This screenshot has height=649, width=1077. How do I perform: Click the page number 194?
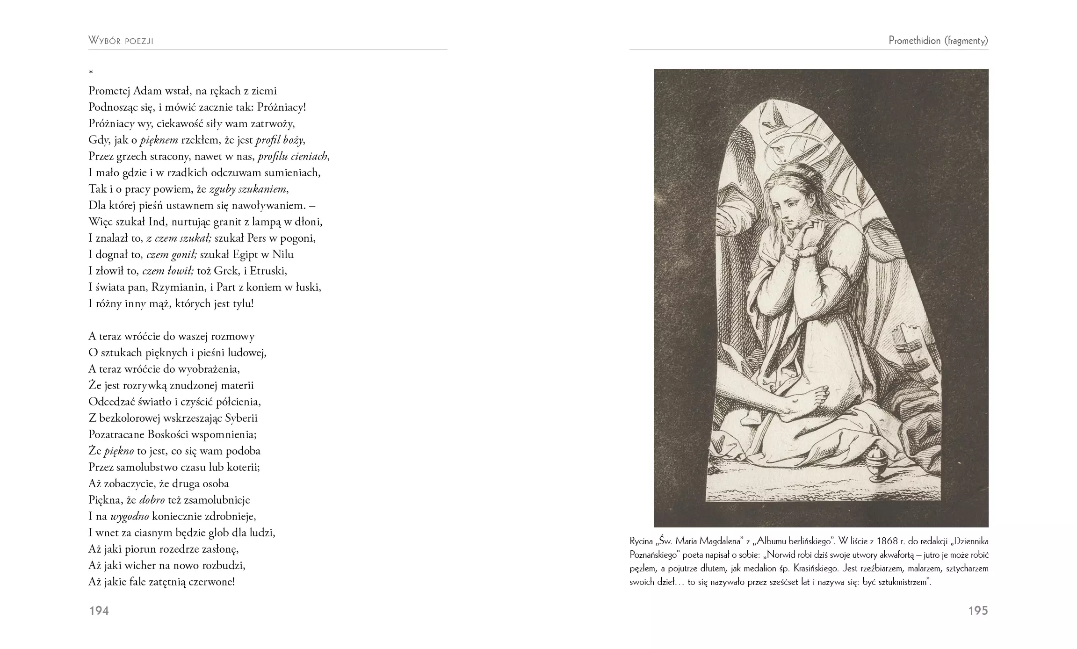click(99, 611)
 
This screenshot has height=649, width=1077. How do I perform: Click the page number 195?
click(978, 611)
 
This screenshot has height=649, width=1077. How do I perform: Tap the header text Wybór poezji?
click(121, 41)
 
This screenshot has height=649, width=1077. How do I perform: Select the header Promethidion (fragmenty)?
click(938, 41)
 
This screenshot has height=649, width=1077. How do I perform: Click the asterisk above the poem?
click(91, 72)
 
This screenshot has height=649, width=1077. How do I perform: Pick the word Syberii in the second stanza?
click(242, 418)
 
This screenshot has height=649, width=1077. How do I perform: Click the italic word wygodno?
click(130, 516)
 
